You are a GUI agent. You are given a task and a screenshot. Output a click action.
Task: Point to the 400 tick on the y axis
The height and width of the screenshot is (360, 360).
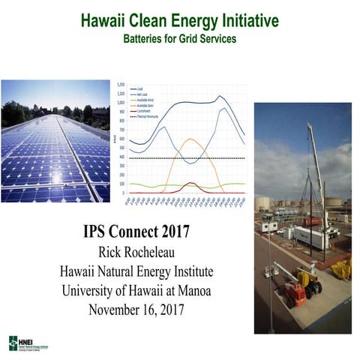(123, 157)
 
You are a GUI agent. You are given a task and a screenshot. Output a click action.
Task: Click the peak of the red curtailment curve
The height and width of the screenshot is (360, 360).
(190, 183)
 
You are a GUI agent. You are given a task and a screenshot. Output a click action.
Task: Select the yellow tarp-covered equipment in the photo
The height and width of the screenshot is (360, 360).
(342, 268)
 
